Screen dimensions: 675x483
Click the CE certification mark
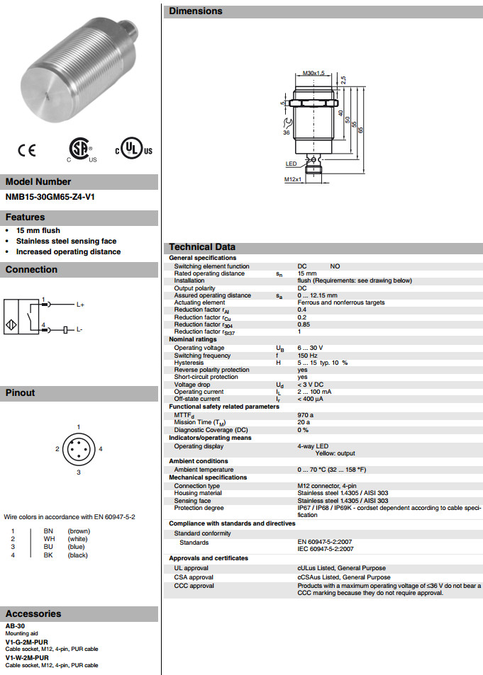pos(26,150)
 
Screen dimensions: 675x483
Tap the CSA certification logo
pos(79,149)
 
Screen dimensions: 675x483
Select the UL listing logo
pos(133,150)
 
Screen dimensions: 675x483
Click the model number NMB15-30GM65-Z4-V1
pos(50,197)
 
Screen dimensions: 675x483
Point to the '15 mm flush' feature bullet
pos(38,230)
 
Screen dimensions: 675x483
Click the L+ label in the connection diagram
pos(80,305)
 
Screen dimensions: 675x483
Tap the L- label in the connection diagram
pos(79,330)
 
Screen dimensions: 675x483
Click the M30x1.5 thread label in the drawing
pos(313,73)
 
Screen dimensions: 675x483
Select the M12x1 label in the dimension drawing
pos(293,179)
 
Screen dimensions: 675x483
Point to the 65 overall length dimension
pos(361,130)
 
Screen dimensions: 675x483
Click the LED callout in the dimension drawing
pos(291,164)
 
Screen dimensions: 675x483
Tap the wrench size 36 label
pos(287,132)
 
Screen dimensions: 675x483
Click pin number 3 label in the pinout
pos(79,472)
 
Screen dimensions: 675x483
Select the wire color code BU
pos(48,547)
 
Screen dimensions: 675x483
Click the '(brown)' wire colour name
pos(79,531)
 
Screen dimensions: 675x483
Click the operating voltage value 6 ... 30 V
pos(310,348)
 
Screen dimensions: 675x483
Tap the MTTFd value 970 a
pos(305,414)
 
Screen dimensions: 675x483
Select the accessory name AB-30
pos(15,627)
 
